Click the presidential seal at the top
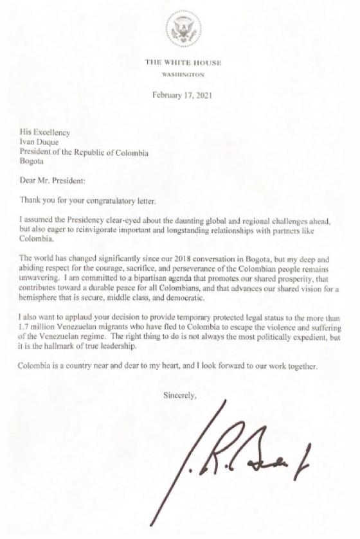tap(183, 30)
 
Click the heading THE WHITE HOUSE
tap(183, 62)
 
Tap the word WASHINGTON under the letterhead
tap(183, 75)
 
